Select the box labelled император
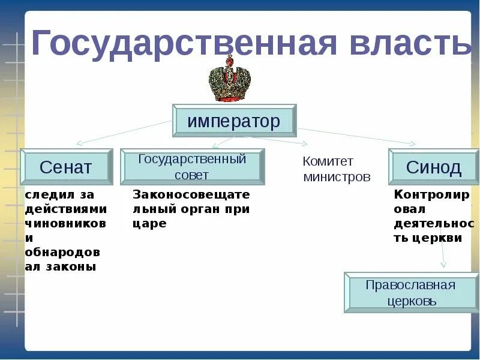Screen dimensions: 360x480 234,121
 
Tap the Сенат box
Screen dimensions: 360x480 65,166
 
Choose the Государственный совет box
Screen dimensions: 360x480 192,166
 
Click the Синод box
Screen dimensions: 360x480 433,166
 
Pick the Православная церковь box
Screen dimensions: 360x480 410,292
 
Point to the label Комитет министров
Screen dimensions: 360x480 337,169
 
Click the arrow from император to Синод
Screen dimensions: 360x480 360,136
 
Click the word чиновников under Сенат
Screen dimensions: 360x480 66,223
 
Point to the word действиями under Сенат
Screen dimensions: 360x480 66,209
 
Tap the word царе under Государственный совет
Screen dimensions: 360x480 149,223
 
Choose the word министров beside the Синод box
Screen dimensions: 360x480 337,177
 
